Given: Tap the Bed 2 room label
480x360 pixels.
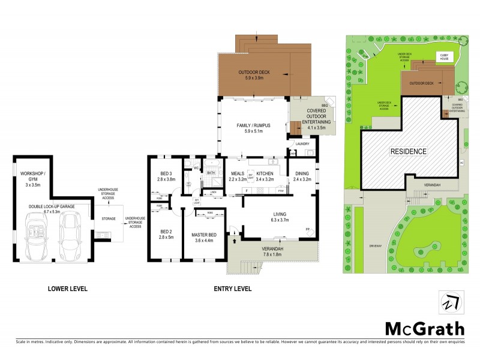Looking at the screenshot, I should (165, 233).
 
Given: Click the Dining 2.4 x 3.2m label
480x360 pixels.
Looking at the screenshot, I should (302, 176).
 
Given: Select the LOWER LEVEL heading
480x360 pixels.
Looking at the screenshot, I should (67, 289).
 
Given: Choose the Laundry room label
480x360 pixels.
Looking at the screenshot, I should (302, 144).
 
